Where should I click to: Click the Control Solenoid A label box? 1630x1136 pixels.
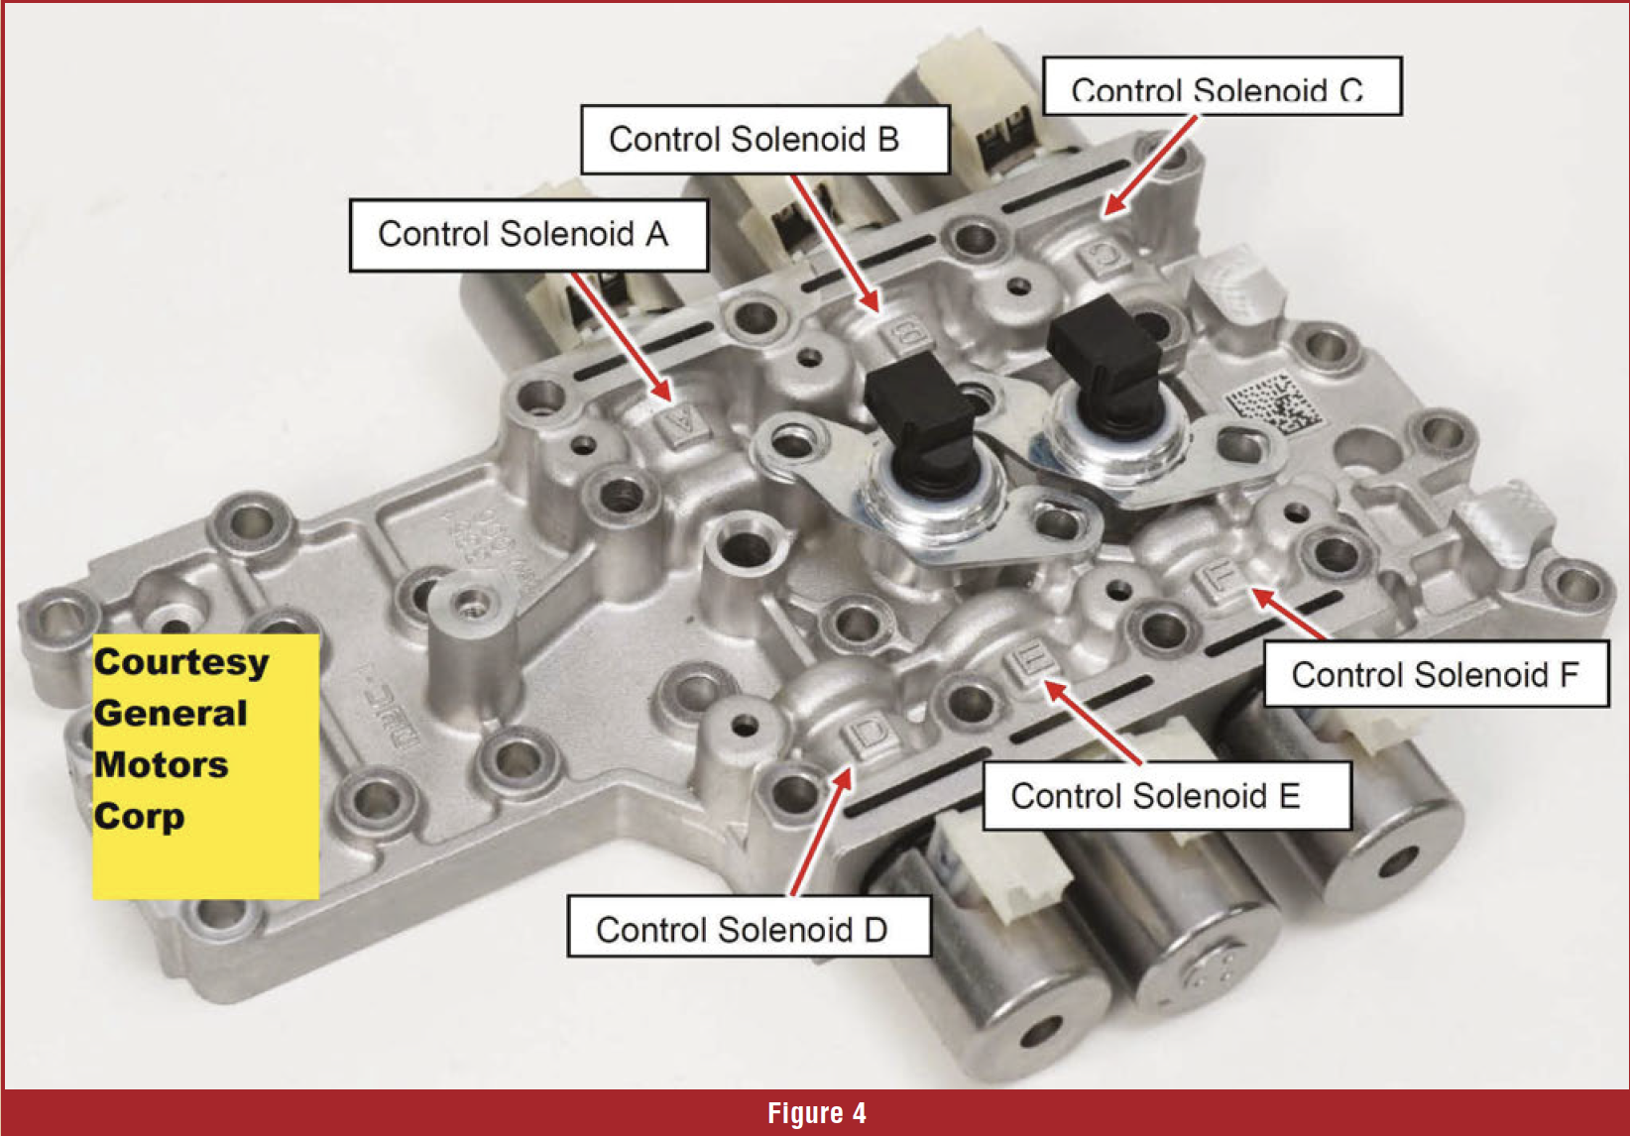click(528, 235)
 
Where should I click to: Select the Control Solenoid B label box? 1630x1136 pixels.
click(765, 140)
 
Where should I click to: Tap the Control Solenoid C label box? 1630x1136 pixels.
click(1222, 86)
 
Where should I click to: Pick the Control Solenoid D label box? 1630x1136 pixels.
click(749, 926)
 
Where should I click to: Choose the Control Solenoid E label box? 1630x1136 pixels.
click(1167, 795)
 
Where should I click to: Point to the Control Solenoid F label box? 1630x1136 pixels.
click(1437, 673)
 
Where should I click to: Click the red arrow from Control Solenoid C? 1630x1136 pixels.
click(1150, 166)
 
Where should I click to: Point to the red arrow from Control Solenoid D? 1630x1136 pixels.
click(821, 832)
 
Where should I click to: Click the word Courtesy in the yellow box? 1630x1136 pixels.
click(181, 663)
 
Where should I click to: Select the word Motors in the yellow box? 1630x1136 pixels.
click(161, 764)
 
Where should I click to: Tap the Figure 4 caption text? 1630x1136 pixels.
click(816, 1113)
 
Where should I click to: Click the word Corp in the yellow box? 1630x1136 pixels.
click(139, 817)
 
